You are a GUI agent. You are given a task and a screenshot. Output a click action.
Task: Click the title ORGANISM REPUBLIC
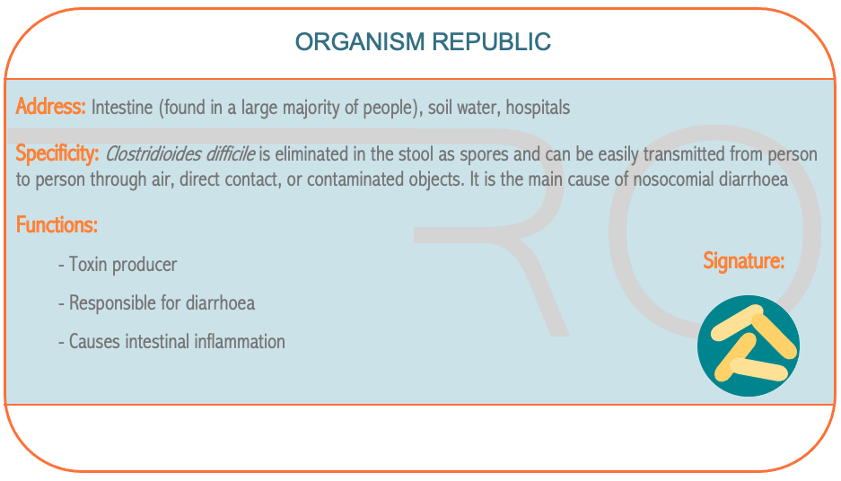coord(423,42)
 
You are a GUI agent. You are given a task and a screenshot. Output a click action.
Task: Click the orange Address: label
coord(50,106)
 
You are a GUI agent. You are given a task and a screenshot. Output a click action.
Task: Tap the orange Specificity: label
coord(57,153)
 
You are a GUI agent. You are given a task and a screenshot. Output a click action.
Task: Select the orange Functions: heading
coord(57,224)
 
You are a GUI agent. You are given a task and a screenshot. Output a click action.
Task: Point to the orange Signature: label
coord(743,260)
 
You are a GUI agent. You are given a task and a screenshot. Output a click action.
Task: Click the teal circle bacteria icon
coord(749,345)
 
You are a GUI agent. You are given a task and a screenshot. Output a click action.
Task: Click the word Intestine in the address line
coord(122,108)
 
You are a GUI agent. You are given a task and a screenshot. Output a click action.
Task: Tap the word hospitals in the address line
coord(538,108)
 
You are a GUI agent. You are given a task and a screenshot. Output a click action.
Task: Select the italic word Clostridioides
coord(153,153)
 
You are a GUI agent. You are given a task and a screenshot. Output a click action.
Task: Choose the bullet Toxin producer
coord(118,265)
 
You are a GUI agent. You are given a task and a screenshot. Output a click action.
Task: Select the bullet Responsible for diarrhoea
coord(156,303)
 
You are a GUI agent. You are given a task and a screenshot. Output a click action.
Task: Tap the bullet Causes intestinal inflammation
coord(171,342)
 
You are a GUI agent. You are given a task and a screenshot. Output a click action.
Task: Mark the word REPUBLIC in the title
coord(491,42)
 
